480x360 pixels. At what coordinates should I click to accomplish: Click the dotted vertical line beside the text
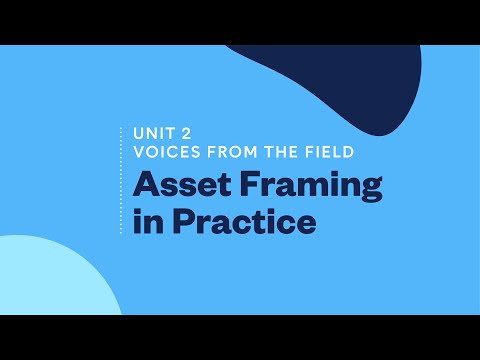[120, 181]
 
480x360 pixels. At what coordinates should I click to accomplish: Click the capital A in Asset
[146, 186]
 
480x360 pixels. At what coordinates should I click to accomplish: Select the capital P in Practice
[183, 221]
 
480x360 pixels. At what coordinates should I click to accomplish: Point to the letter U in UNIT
[138, 133]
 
